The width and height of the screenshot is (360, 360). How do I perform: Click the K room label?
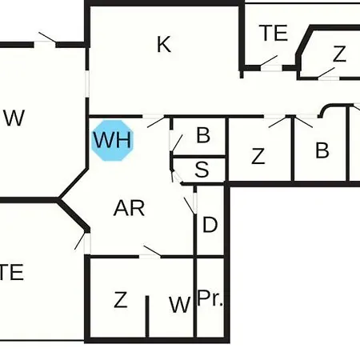click(x=164, y=45)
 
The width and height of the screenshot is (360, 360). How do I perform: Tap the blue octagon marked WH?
click(x=112, y=140)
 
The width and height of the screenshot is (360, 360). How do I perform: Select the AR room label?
click(x=129, y=208)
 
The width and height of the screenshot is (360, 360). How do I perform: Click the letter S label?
click(x=202, y=170)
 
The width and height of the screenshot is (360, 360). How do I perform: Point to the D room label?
click(x=210, y=225)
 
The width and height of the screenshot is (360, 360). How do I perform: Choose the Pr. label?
click(x=210, y=298)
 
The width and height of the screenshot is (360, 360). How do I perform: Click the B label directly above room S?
click(x=203, y=135)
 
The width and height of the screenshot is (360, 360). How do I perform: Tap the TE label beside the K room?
click(x=274, y=33)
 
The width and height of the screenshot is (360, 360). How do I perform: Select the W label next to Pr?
click(x=180, y=305)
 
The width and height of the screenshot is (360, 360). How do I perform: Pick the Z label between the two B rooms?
click(x=258, y=156)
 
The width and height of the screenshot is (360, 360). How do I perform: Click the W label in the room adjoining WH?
click(x=14, y=118)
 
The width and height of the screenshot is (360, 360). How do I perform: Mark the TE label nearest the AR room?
click(x=11, y=272)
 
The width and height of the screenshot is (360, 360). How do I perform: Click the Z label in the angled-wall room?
click(x=339, y=54)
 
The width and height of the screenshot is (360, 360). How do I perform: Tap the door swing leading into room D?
click(x=189, y=206)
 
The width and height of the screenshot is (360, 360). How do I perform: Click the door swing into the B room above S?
click(x=178, y=143)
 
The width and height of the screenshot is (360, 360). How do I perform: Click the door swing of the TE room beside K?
click(x=269, y=61)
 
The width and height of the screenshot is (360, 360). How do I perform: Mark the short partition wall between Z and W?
click(x=147, y=316)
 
